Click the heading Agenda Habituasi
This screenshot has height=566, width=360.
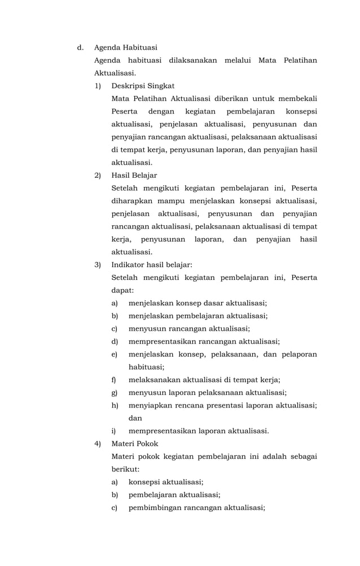pyautogui.click(x=125, y=47)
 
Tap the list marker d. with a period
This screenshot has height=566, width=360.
pyautogui.click(x=80, y=47)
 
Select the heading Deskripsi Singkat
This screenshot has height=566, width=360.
pyautogui.click(x=143, y=86)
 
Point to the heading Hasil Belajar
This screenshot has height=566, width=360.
pyautogui.click(x=134, y=175)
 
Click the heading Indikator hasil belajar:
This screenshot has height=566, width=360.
pyautogui.click(x=152, y=265)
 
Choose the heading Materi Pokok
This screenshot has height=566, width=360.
pyautogui.click(x=135, y=444)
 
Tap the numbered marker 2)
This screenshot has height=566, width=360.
pyautogui.click(x=98, y=175)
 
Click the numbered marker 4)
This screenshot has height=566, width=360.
pyautogui.click(x=98, y=444)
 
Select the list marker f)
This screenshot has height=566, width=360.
pyautogui.click(x=115, y=380)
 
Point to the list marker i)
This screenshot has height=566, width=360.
pyautogui.click(x=114, y=431)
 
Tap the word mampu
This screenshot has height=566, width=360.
pyautogui.click(x=172, y=201)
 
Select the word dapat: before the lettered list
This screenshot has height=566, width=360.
pyautogui.click(x=122, y=290)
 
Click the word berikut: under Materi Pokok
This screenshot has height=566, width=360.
pyautogui.click(x=125, y=469)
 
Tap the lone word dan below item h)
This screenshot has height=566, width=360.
pyautogui.click(x=135, y=418)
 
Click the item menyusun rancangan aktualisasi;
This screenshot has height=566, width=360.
pyautogui.click(x=189, y=328)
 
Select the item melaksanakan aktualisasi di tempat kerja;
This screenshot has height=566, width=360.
pyautogui.click(x=204, y=380)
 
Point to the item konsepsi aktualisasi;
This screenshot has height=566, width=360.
pyautogui.click(x=166, y=482)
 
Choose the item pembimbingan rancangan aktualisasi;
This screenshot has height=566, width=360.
pyautogui.click(x=196, y=507)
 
